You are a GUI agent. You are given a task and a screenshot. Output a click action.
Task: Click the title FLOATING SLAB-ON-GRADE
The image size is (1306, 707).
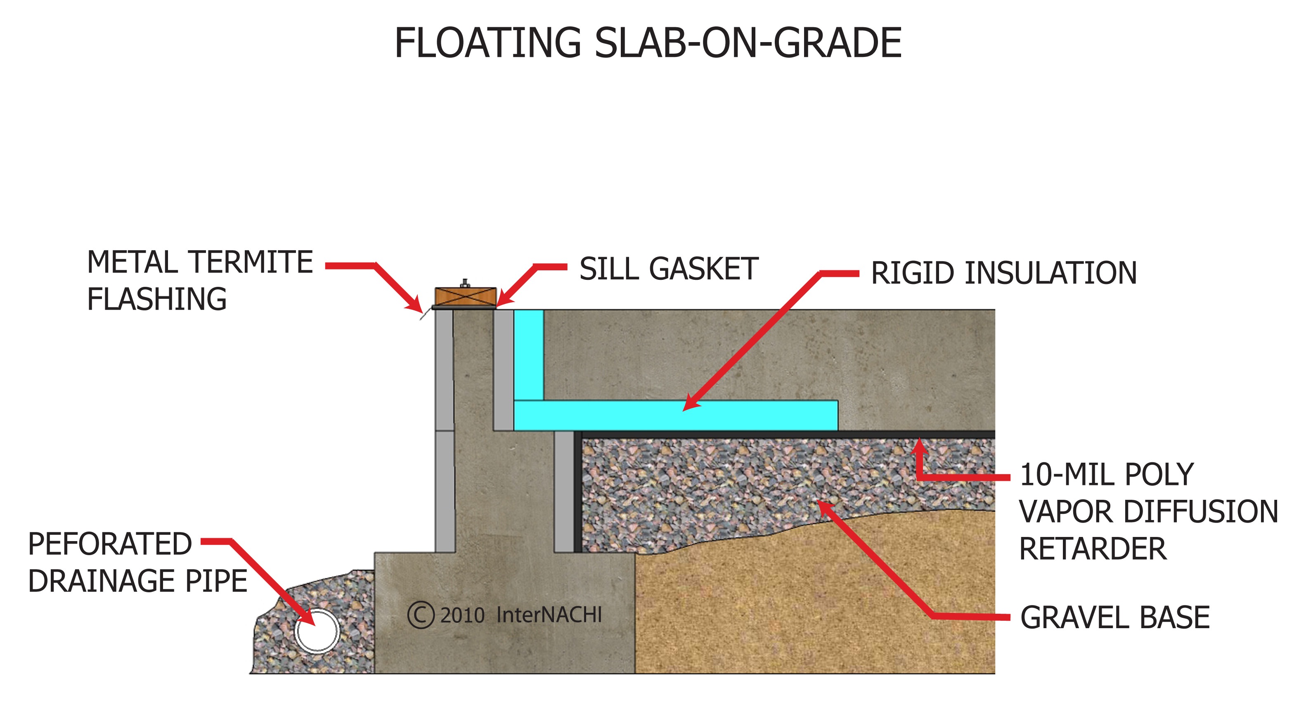coord(647,44)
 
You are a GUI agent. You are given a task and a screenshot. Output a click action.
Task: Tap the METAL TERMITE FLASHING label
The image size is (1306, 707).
coord(200,280)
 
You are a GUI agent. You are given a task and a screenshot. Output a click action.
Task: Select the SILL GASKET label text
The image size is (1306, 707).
coord(668,269)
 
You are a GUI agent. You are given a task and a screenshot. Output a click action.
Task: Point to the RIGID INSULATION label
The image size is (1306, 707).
coord(1003,273)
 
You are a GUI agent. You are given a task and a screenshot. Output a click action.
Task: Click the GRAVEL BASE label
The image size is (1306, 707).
coord(1114,617)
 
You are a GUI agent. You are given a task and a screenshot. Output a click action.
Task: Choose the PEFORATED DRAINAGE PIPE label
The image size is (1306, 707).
coord(137,562)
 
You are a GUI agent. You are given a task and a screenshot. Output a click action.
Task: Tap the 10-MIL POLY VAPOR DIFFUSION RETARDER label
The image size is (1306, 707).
coord(1148,511)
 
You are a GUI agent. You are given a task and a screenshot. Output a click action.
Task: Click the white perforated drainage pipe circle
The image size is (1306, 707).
coord(317,631)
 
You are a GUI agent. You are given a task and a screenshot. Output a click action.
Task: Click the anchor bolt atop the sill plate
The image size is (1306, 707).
coord(464,283)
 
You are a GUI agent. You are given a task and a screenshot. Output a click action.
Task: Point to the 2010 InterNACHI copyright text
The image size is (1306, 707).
coord(521,615)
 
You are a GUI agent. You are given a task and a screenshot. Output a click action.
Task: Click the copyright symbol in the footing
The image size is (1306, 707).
coord(420,615)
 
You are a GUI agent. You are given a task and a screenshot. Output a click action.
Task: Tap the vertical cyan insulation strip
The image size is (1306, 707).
coord(529,355)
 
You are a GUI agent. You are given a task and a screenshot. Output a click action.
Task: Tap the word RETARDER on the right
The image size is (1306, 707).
coord(1092,549)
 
